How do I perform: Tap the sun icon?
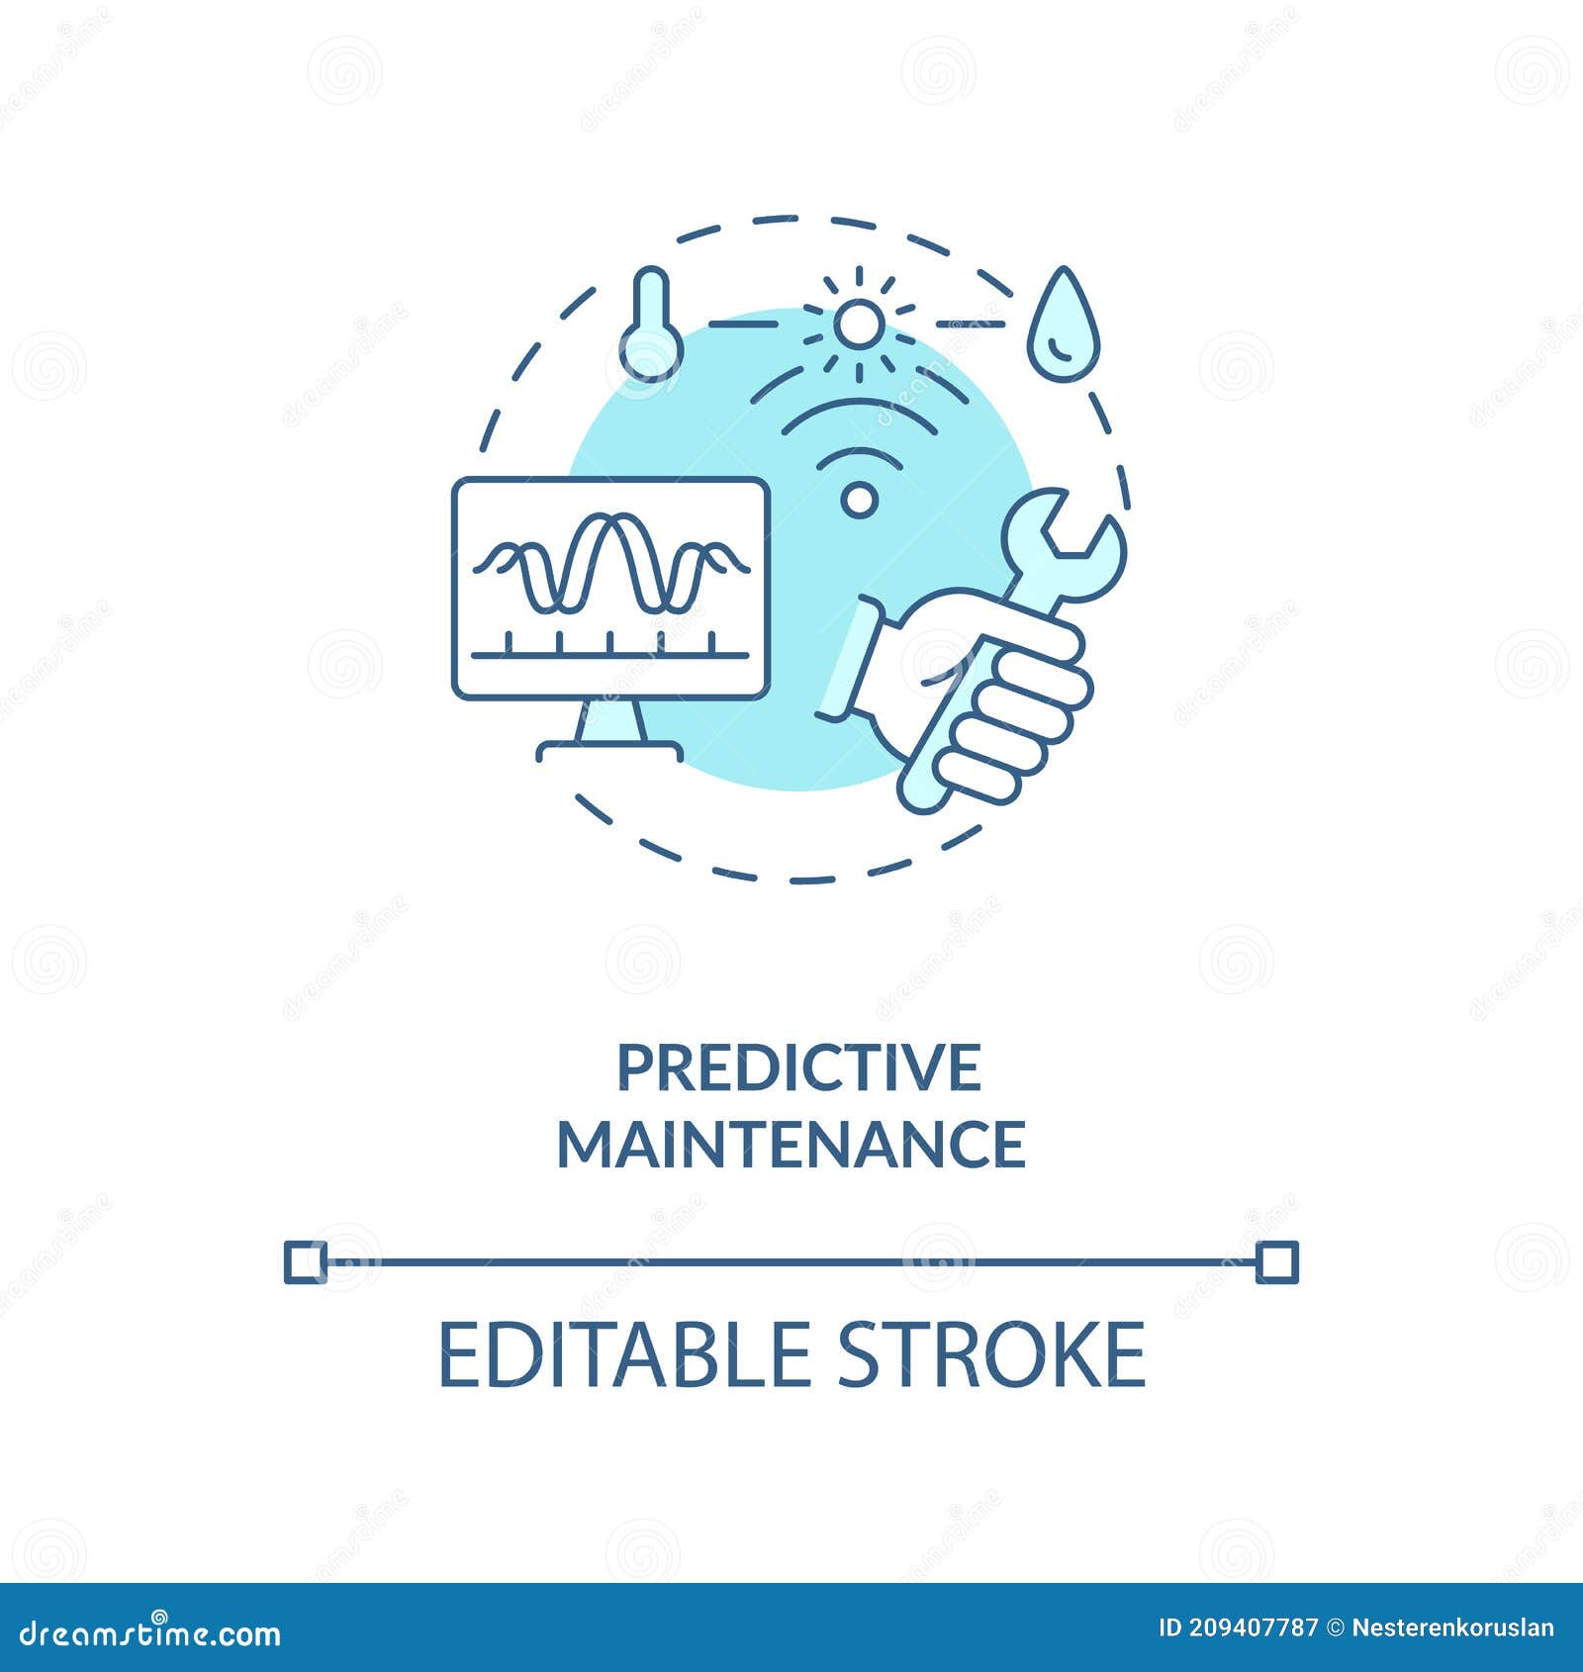pyautogui.click(x=857, y=324)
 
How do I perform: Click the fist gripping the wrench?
pyautogui.click(x=999, y=693)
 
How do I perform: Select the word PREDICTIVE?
pyautogui.click(x=799, y=1068)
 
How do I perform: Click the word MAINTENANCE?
pyautogui.click(x=791, y=1144)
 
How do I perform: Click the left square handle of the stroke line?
pyautogui.click(x=305, y=1261)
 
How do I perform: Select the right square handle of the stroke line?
pyautogui.click(x=1276, y=1261)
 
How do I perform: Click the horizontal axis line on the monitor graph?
pyautogui.click(x=610, y=654)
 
